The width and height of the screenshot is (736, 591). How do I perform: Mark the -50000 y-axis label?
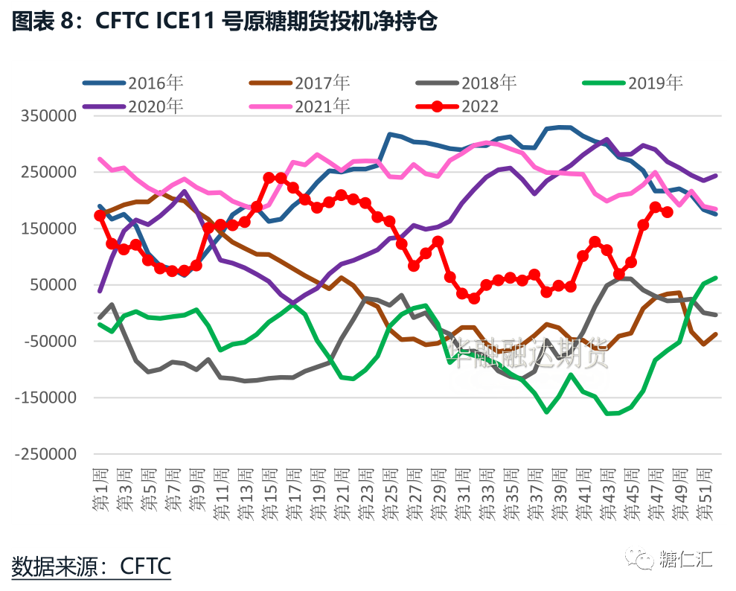(51, 342)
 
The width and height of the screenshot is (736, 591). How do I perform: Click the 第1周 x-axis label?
(100, 491)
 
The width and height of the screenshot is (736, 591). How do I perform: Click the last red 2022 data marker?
(668, 212)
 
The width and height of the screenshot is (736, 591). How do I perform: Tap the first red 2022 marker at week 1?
(100, 215)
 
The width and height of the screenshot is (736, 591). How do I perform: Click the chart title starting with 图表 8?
(223, 23)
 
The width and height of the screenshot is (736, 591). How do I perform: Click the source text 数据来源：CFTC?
(92, 566)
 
